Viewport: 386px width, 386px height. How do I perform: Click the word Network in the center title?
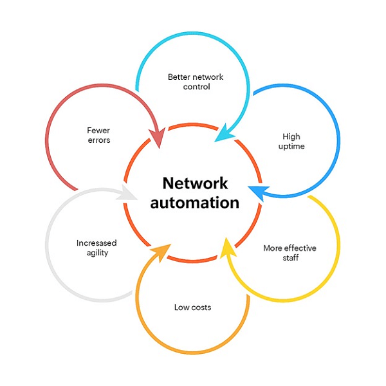(x=193, y=183)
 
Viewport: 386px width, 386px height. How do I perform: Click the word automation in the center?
(x=193, y=203)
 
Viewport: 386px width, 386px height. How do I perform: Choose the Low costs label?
(x=192, y=307)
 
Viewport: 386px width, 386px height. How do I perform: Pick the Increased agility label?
(x=96, y=248)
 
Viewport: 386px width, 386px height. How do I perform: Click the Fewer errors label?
(x=98, y=134)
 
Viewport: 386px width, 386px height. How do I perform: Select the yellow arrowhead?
(x=226, y=247)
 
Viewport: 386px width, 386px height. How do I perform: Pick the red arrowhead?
(x=157, y=138)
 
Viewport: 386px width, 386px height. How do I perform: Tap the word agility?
(x=96, y=253)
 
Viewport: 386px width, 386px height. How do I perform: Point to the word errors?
(x=98, y=140)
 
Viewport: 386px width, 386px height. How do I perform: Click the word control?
(x=196, y=87)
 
